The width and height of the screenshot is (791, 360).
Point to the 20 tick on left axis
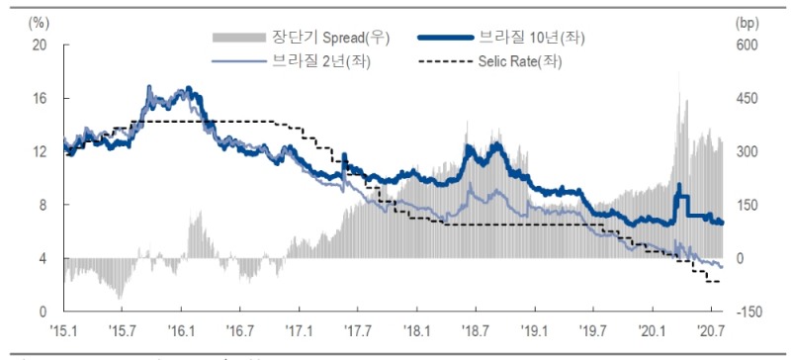click(39, 45)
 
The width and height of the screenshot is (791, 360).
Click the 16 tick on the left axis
click(39, 99)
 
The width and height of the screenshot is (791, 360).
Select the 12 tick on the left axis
click(39, 152)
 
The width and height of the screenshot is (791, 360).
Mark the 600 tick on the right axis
click(746, 45)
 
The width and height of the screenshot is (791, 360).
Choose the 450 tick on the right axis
click(746, 99)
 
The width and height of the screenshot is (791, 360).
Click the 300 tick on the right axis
click(746, 152)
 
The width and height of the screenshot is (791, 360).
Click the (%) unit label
click(39, 21)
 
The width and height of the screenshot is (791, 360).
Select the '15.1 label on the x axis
click(64, 329)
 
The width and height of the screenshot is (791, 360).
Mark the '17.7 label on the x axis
click(359, 329)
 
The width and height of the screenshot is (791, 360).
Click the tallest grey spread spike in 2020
click(679, 94)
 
